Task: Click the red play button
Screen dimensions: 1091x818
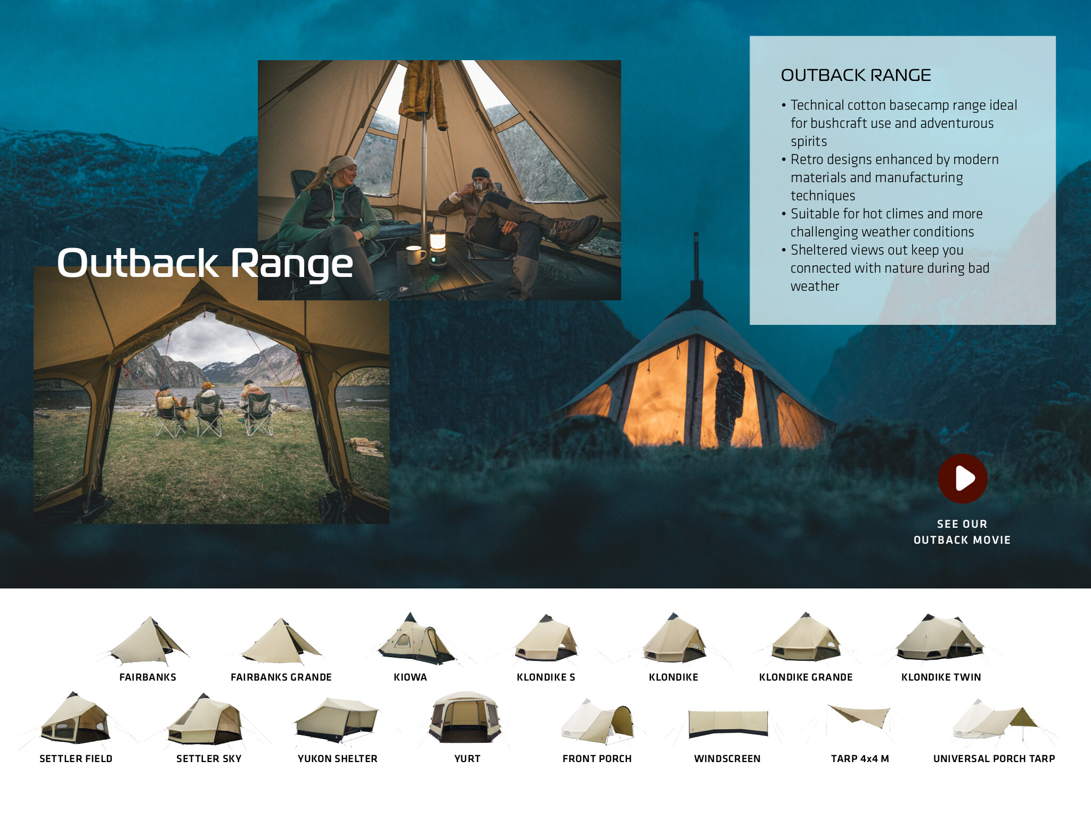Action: [963, 478]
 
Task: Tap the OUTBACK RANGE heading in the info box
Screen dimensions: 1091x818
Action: [856, 75]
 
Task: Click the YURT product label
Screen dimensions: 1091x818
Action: [467, 758]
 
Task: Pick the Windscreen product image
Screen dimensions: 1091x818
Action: [728, 724]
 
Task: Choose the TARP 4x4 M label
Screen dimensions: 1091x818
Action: [860, 758]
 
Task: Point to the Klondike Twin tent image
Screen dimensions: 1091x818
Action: [940, 637]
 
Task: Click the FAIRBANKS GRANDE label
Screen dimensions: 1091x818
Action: [281, 677]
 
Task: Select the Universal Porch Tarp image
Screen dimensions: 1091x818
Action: [994, 721]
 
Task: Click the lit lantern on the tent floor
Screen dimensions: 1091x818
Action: [437, 247]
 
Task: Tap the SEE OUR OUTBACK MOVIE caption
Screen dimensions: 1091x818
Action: [962, 531]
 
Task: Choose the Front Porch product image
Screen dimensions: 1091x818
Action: [597, 722]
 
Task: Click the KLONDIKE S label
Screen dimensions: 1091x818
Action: [545, 677]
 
